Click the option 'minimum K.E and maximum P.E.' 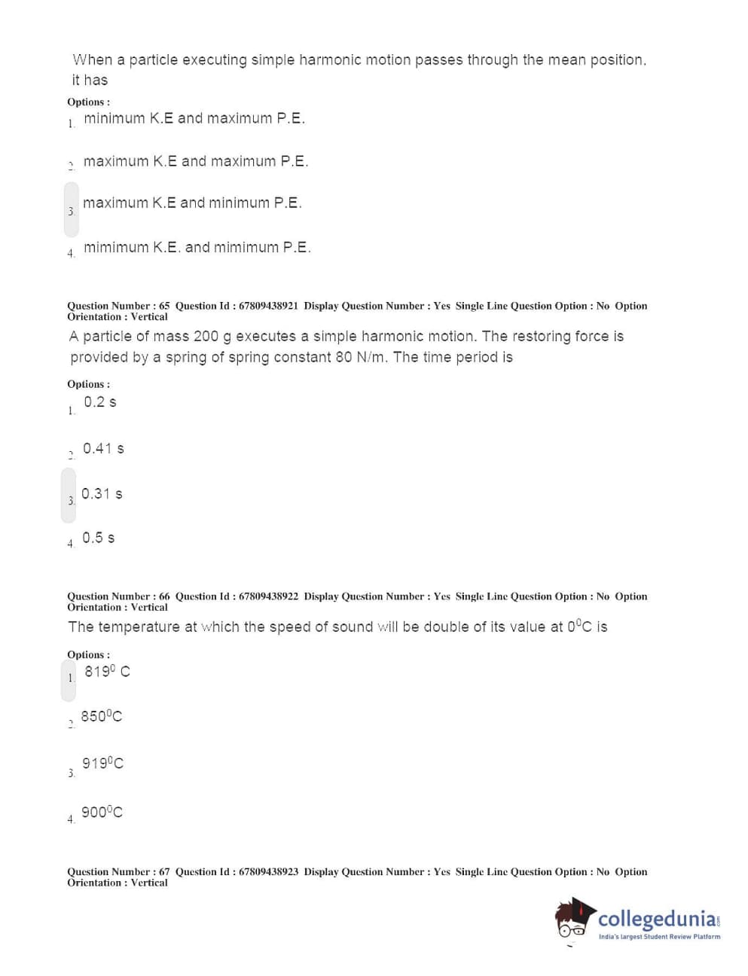pos(194,118)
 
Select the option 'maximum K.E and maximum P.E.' pos(195,161)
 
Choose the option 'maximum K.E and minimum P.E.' pos(191,203)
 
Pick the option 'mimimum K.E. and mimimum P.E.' pos(197,247)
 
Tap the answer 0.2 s pos(99,402)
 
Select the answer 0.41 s pos(103,449)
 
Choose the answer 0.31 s pos(102,494)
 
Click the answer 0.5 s pos(98,538)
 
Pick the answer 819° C pos(107,671)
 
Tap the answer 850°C pos(101,716)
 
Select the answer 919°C pos(102,764)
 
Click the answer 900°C pos(102,812)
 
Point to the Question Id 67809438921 pos(267,306)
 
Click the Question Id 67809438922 pos(267,596)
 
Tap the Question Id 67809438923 pos(267,872)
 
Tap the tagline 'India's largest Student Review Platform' pos(659,937)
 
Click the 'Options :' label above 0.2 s pos(88,384)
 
